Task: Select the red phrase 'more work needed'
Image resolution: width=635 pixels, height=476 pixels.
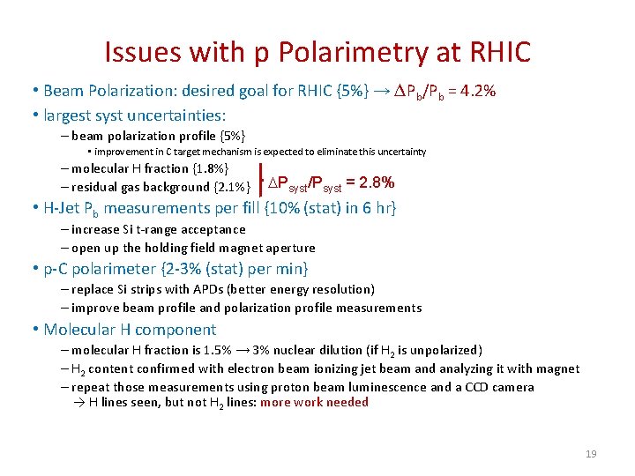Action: [x=314, y=403]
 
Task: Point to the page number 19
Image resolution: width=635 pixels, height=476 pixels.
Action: [x=591, y=454]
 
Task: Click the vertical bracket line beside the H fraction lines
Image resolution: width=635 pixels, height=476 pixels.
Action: [x=262, y=176]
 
